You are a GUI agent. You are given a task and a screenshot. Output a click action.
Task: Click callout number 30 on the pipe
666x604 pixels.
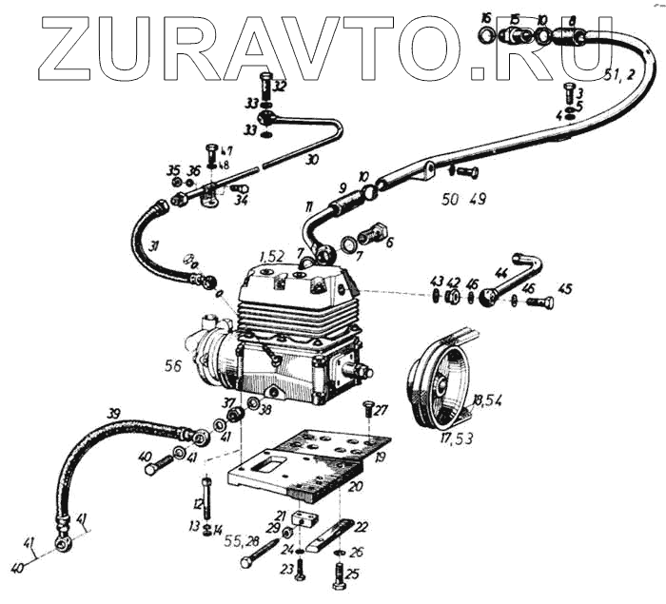pos(312,160)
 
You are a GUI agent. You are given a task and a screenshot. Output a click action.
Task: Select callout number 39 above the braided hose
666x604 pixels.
pos(115,413)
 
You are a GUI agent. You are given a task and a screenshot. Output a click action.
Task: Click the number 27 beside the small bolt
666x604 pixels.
pos(381,411)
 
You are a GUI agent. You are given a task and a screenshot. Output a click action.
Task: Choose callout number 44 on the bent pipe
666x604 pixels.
pos(500,273)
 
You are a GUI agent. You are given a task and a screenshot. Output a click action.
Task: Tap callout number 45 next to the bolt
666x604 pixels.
pos(565,288)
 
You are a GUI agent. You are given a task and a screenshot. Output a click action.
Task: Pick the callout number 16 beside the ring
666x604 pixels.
pos(486,18)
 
